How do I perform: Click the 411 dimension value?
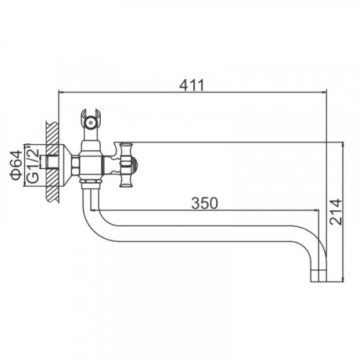(x=192, y=85)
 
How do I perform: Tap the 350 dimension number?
(x=204, y=203)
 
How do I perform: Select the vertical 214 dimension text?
(x=336, y=212)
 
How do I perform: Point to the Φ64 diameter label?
(x=16, y=166)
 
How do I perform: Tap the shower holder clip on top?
(x=91, y=121)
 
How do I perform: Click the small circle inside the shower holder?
(x=91, y=122)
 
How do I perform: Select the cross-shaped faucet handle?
(x=126, y=165)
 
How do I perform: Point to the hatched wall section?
(x=53, y=162)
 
